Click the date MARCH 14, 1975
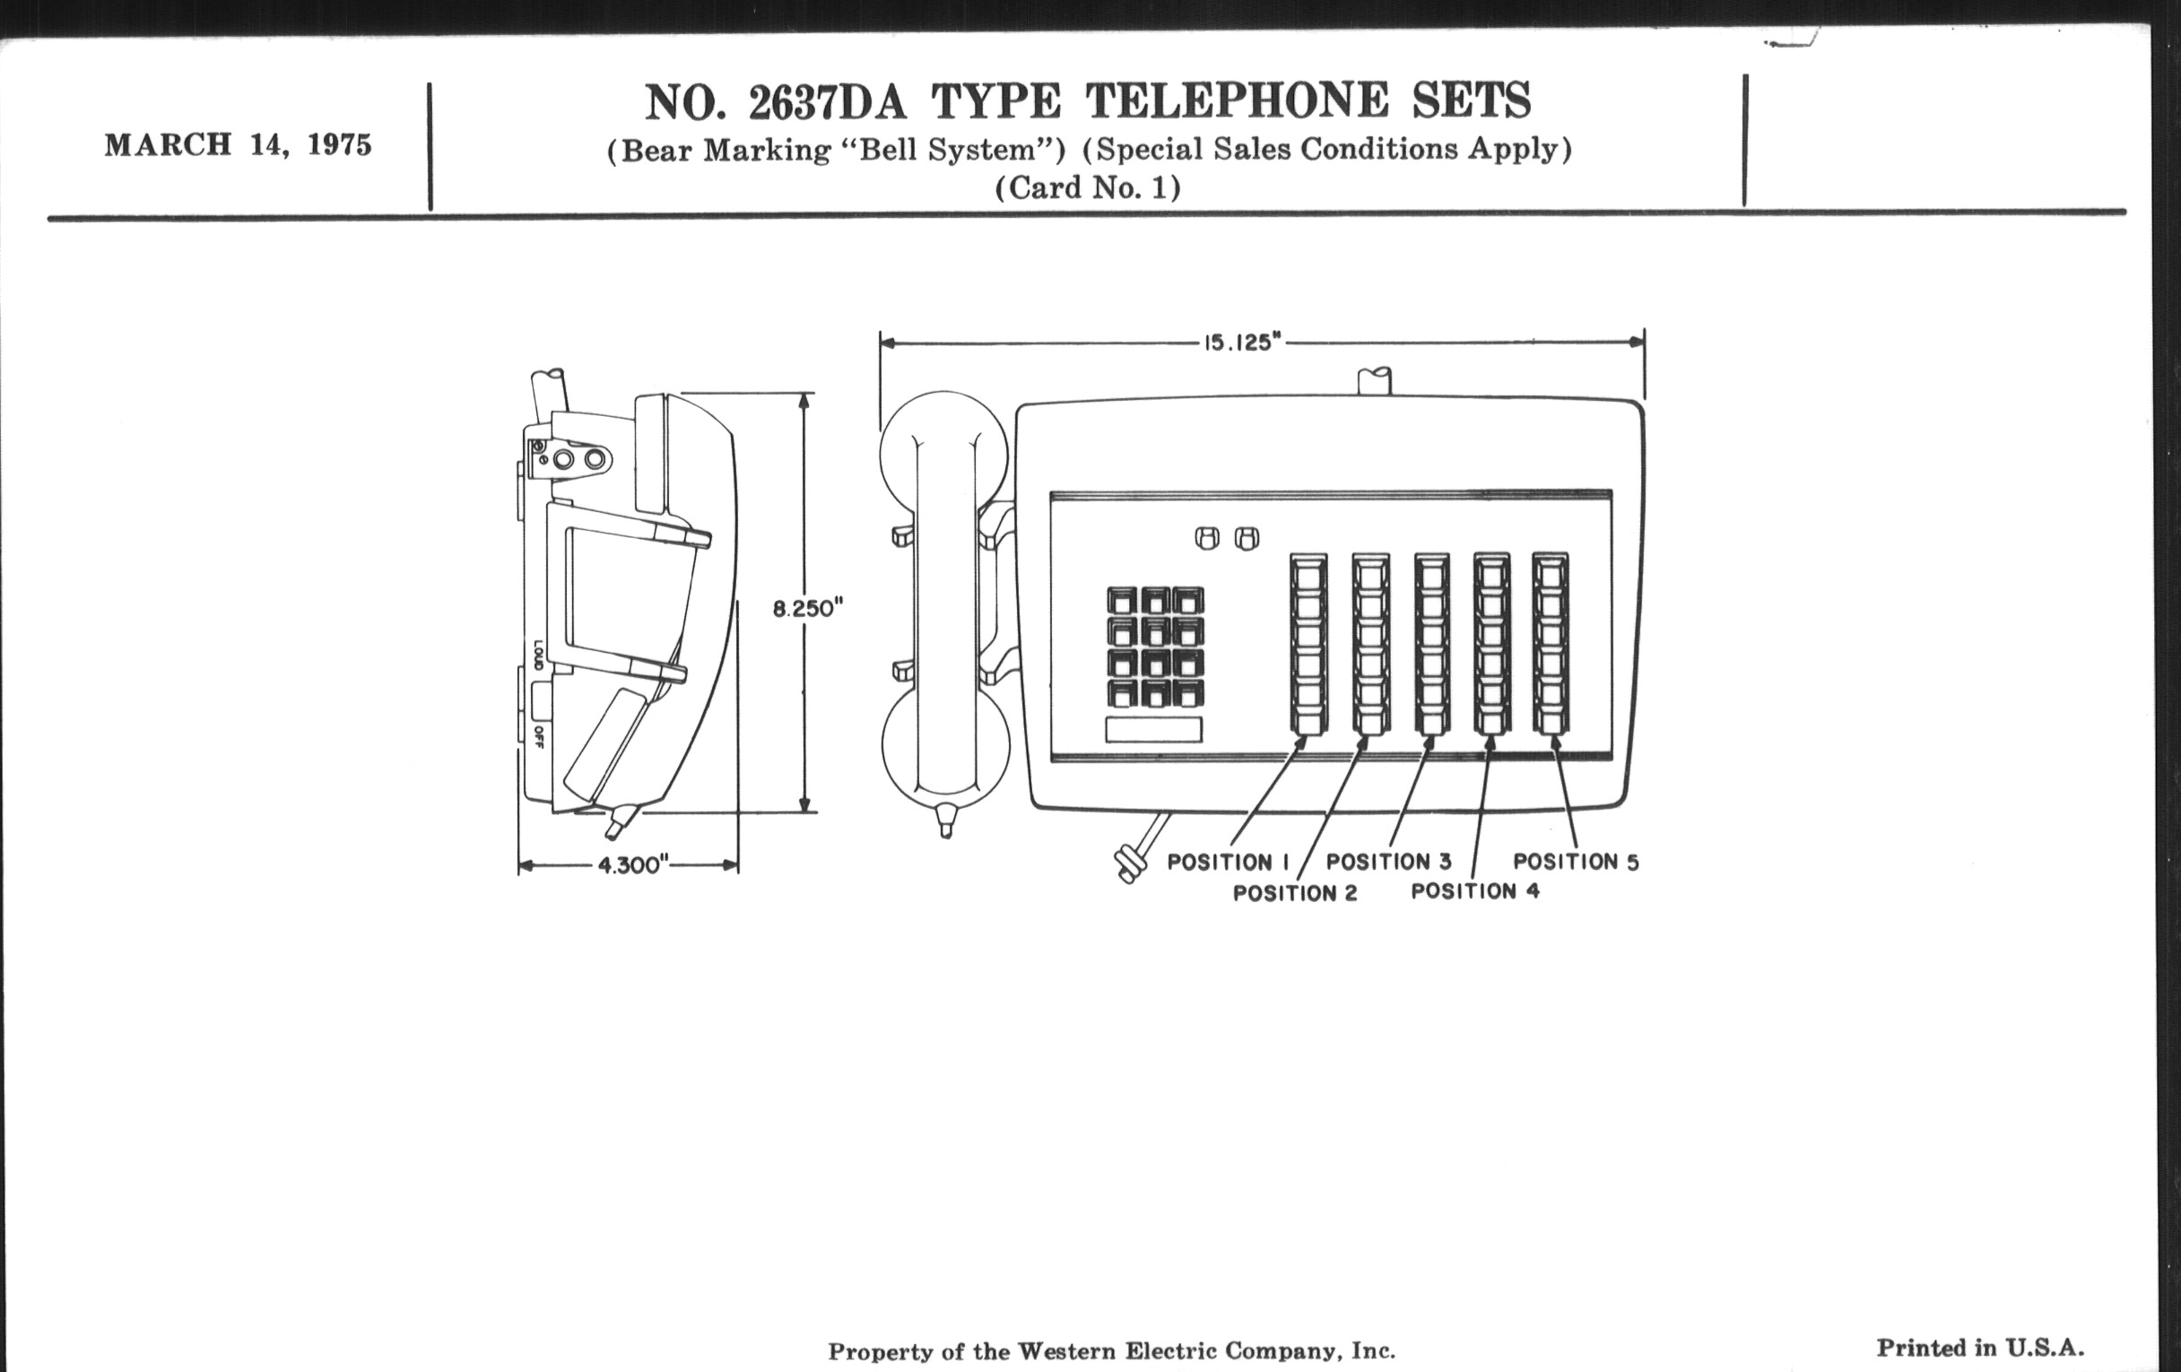tap(239, 146)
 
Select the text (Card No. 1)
tap(1088, 188)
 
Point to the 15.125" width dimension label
tap(1242, 343)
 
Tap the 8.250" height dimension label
tap(808, 609)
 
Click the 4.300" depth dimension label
tap(633, 865)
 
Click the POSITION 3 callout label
tap(1388, 861)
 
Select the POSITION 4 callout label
tap(1474, 891)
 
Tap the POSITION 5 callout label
tap(1576, 861)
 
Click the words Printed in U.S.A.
tap(1980, 1348)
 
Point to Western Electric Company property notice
tap(1111, 1351)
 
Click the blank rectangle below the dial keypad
tap(1153, 730)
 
